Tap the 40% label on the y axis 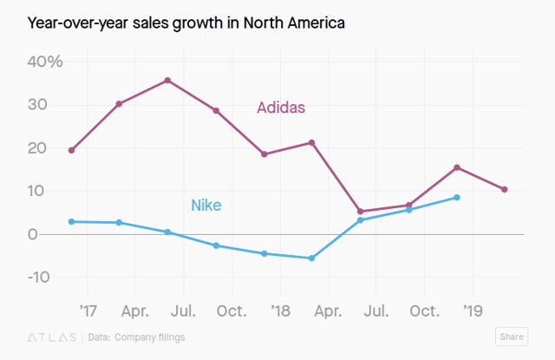tap(43, 62)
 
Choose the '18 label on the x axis tap(280, 310)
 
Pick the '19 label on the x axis tap(473, 310)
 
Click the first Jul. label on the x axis tap(183, 310)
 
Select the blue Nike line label tap(206, 206)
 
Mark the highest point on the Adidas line tap(167, 81)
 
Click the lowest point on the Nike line tap(311, 258)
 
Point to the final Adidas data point tap(505, 189)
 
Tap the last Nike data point tap(456, 198)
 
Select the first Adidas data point tap(71, 150)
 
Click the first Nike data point tap(71, 221)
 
